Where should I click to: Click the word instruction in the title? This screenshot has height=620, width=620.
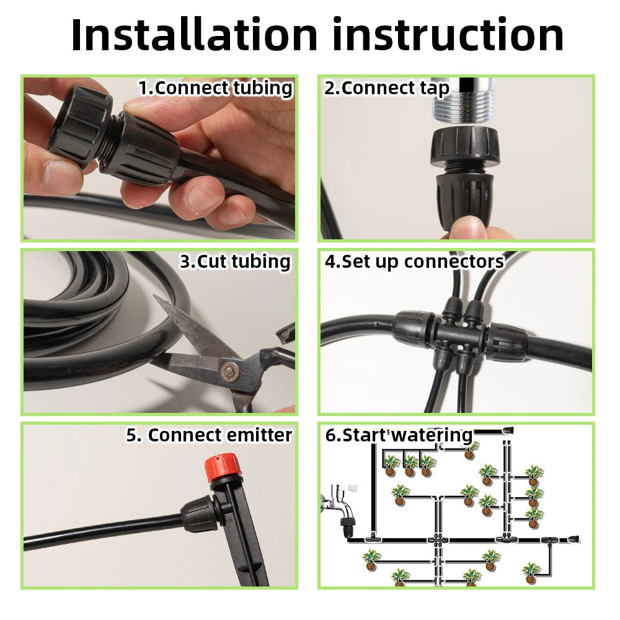click(448, 35)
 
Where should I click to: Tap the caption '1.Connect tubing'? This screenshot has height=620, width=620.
click(215, 88)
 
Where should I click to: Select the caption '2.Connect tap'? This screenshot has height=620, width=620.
click(387, 88)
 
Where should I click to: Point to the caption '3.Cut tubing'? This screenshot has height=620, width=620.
click(235, 261)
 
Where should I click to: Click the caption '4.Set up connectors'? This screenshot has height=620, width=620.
click(414, 262)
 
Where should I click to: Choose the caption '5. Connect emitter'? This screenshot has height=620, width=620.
click(209, 435)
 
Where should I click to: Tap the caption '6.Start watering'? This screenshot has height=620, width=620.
click(399, 435)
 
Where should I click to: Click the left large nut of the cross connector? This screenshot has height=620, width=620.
click(412, 329)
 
